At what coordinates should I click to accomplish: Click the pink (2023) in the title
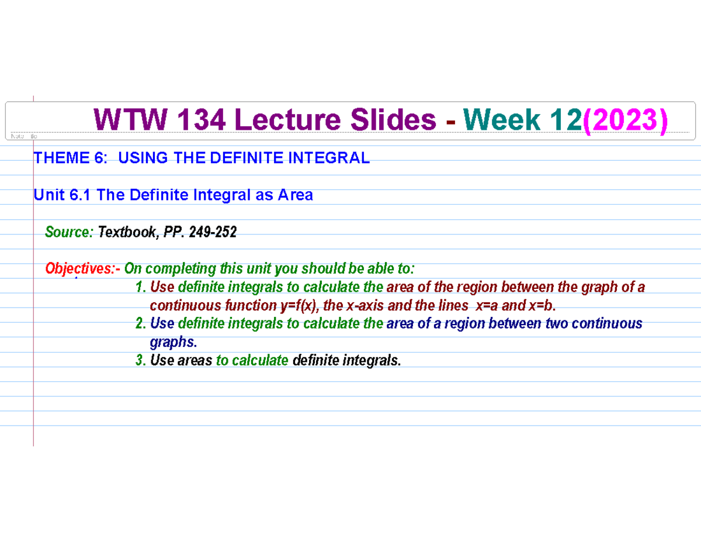click(x=624, y=121)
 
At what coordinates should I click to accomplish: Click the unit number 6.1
click(x=81, y=195)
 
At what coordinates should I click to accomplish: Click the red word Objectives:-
click(x=83, y=269)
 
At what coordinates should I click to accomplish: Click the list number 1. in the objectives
click(x=140, y=287)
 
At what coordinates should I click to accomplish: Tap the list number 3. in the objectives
click(x=140, y=361)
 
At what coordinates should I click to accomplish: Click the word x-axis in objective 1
click(x=365, y=306)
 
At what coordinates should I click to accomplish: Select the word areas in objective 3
click(x=195, y=361)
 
